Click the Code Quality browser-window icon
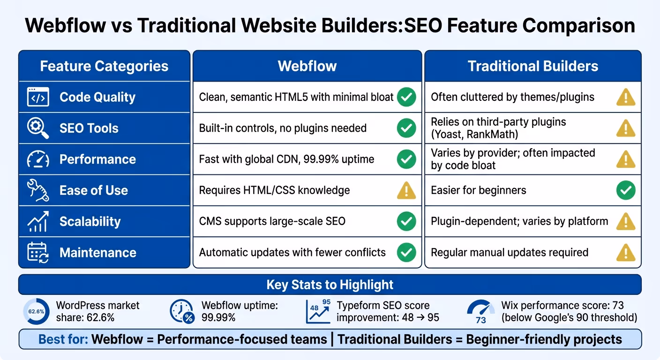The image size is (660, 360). point(38,97)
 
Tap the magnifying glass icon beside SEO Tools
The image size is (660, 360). point(38,128)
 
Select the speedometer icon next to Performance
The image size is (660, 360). point(38,159)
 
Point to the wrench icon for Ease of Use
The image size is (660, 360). point(38,190)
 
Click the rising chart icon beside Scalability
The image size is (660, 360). point(38,221)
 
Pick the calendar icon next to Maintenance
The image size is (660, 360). point(38,253)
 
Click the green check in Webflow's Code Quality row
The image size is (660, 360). point(406,97)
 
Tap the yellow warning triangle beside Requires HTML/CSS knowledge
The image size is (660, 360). point(406,191)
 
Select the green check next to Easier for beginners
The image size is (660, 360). point(626,191)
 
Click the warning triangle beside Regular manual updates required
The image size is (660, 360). point(626,253)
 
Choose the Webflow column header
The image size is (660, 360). point(307,66)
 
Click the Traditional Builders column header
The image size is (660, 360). point(532,66)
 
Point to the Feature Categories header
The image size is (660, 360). point(104,66)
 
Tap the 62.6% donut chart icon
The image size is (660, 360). point(36,311)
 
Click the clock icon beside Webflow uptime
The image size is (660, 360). point(182,311)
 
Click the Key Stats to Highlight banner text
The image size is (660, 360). point(330,285)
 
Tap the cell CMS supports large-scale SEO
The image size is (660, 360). point(272,221)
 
